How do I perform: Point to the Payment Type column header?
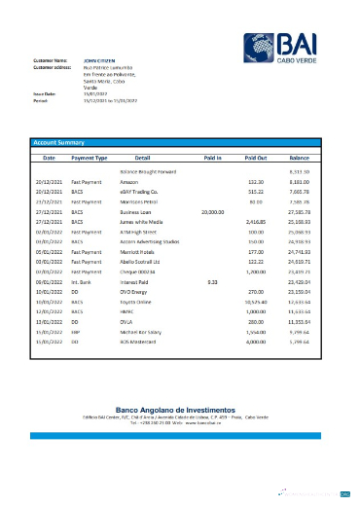click(x=90, y=156)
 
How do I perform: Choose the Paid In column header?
click(x=213, y=156)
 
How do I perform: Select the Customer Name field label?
click(x=51, y=59)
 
